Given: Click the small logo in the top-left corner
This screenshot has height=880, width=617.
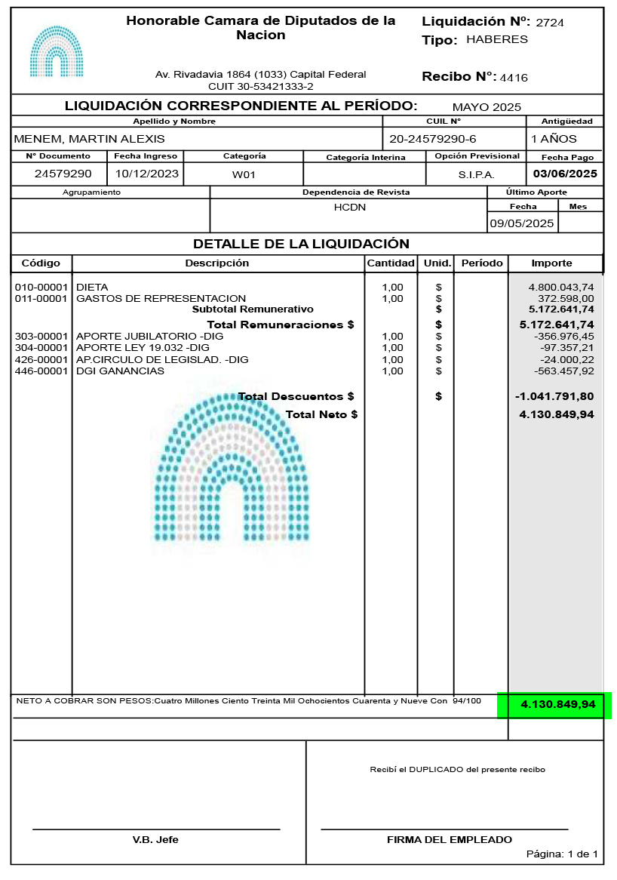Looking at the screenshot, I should pyautogui.click(x=57, y=52).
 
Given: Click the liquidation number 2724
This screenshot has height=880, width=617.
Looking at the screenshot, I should pyautogui.click(x=550, y=23).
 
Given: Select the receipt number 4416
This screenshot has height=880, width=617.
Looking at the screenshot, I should pyautogui.click(x=514, y=78).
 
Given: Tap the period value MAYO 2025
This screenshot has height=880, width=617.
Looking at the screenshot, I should pyautogui.click(x=487, y=107).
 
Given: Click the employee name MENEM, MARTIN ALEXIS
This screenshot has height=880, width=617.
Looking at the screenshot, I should pyautogui.click(x=89, y=139).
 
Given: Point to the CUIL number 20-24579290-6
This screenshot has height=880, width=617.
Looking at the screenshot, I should pyautogui.click(x=433, y=139).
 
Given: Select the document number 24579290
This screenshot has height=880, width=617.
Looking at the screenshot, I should pyautogui.click(x=63, y=174).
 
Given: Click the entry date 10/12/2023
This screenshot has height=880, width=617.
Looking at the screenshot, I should pyautogui.click(x=146, y=174).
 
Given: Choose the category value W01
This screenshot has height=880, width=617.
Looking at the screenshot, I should pyautogui.click(x=244, y=174).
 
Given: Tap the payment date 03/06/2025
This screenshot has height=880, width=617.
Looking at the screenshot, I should pyautogui.click(x=565, y=174).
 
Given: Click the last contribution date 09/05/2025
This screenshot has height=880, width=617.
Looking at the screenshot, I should pyautogui.click(x=522, y=223).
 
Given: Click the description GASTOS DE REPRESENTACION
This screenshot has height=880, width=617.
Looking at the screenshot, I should pyautogui.click(x=161, y=298).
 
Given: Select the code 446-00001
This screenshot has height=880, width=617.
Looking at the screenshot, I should pyautogui.click(x=41, y=371).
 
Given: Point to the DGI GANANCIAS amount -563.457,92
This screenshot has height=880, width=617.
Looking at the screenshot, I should pyautogui.click(x=563, y=371).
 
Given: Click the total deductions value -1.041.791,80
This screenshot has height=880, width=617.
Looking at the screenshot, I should pyautogui.click(x=554, y=396).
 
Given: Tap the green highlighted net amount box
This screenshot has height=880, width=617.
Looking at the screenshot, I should pyautogui.click(x=554, y=705).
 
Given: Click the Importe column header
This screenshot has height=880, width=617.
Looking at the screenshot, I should pyautogui.click(x=552, y=263).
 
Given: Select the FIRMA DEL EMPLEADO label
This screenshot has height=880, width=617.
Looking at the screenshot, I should pyautogui.click(x=450, y=839).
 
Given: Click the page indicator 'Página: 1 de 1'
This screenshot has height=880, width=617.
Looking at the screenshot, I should pyautogui.click(x=562, y=854).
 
